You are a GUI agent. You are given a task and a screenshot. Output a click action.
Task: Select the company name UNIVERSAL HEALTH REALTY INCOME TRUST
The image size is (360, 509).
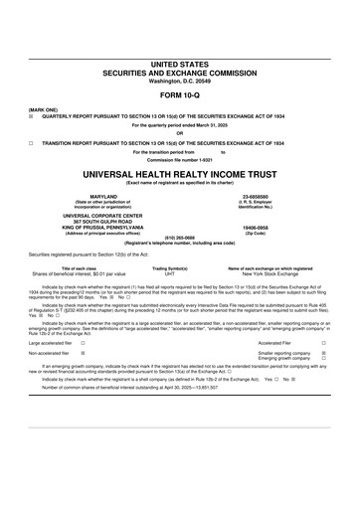pyautogui.click(x=179, y=172)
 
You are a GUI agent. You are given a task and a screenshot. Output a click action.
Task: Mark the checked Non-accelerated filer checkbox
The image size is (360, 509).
pyautogui.click(x=83, y=353)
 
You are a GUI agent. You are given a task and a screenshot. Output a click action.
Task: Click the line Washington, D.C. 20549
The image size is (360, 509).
pyautogui.click(x=179, y=80)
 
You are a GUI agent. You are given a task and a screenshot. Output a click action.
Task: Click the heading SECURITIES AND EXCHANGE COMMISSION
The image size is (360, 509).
pyautogui.click(x=179, y=72)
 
